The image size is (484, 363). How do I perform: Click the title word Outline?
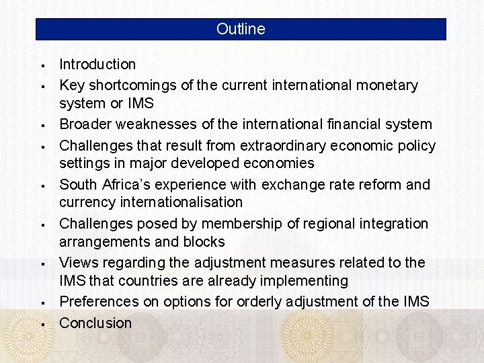coord(241,30)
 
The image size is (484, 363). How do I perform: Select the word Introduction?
coord(97,65)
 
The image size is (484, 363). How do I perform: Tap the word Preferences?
coord(100,302)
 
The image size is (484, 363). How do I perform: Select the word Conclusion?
coord(95,323)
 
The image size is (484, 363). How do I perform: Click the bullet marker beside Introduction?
coord(42,66)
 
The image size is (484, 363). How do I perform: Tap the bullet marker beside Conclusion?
coord(42,324)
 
